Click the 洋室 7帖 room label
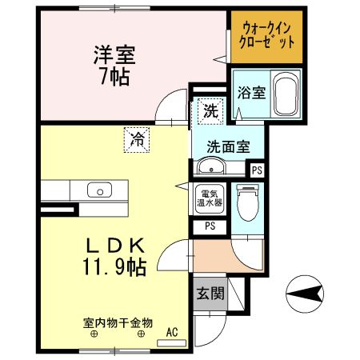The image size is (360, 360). [x=114, y=66]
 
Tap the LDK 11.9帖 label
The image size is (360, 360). [x=114, y=257]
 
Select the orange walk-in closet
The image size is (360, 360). [x=266, y=37]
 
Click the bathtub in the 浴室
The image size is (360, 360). [x=286, y=94]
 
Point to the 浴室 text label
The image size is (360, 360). [x=251, y=93]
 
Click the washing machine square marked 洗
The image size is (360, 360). [x=210, y=110]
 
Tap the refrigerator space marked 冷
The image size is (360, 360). [x=137, y=140]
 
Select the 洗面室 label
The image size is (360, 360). [x=228, y=146]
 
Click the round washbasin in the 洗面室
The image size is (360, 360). [x=211, y=166]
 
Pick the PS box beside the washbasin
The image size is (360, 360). [x=258, y=170]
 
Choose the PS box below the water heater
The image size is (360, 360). [x=210, y=226]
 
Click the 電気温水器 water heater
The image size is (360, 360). [x=210, y=198]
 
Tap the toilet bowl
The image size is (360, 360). [x=248, y=202]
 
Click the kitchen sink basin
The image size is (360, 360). [x=99, y=190]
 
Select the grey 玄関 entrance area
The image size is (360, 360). [x=210, y=294]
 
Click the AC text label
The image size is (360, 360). [x=172, y=332]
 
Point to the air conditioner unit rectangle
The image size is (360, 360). [x=171, y=343]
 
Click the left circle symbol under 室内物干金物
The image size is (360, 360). [x=94, y=334]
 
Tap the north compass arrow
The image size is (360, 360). [x=305, y=294]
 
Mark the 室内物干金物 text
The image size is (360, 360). [x=118, y=323]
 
